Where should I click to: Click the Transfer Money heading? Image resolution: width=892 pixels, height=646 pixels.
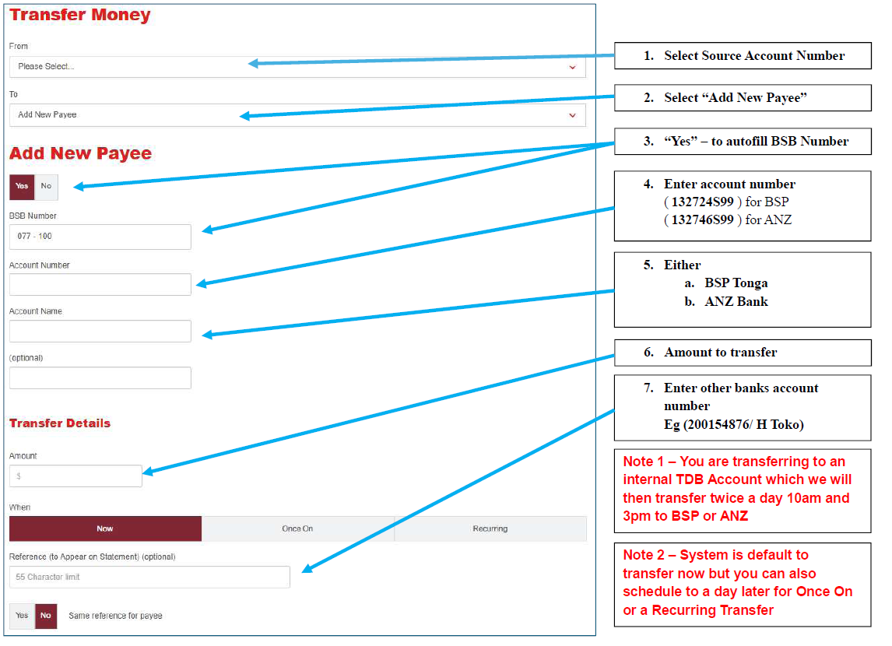point(80,15)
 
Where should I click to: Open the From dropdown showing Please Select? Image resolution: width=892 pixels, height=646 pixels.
point(297,66)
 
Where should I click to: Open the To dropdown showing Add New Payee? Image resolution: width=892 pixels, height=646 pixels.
point(297,115)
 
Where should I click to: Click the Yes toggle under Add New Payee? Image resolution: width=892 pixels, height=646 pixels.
point(22,187)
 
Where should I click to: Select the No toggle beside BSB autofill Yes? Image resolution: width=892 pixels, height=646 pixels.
point(46,187)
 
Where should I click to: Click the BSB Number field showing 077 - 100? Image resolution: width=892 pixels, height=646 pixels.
point(100,237)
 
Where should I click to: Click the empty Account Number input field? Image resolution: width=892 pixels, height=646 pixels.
point(100,284)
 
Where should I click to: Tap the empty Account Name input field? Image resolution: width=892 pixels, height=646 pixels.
point(100,331)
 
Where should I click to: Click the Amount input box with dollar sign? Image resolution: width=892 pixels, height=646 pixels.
point(76,476)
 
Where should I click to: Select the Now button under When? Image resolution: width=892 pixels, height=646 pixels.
point(105,528)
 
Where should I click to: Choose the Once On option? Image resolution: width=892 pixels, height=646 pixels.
point(297,528)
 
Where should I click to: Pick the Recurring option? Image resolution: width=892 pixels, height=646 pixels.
point(490,528)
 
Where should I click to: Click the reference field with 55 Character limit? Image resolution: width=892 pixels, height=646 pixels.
point(149,578)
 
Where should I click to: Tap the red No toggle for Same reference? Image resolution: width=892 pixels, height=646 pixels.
point(45,616)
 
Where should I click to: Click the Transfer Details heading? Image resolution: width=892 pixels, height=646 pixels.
point(60,423)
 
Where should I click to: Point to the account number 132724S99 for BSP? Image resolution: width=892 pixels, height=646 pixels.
point(703,202)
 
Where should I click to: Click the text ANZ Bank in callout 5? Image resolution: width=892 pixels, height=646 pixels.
point(736,301)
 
